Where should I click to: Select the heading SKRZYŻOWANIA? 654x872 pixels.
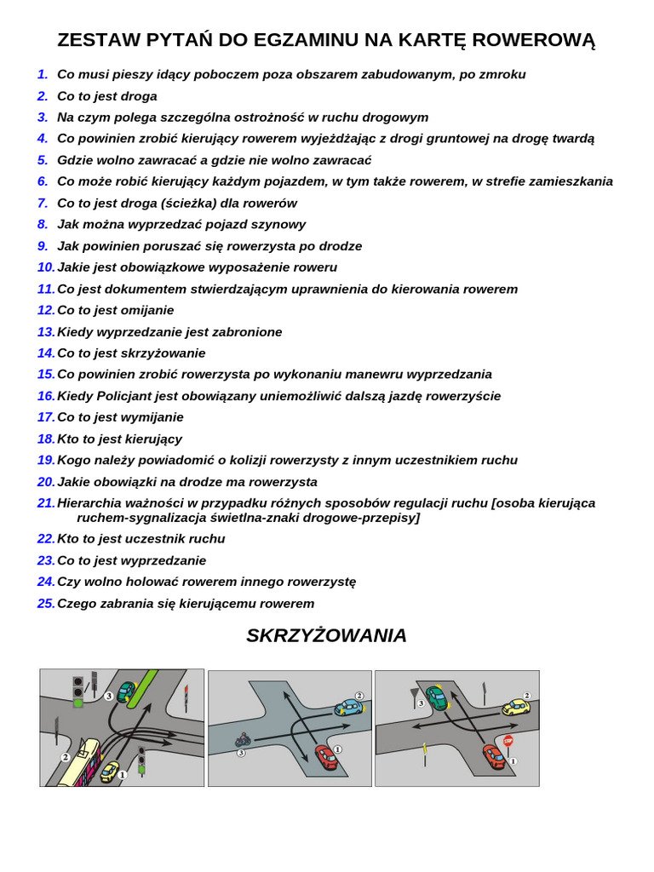click(326, 635)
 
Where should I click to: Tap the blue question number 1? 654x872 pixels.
click(43, 74)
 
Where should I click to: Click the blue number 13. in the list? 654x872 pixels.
click(46, 331)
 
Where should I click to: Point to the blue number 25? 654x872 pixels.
click(46, 603)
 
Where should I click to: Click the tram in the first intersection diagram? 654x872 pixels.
click(80, 762)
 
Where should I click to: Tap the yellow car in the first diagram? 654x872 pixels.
click(110, 772)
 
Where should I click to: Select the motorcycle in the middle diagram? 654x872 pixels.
click(243, 740)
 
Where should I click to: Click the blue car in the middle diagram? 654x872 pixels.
click(348, 707)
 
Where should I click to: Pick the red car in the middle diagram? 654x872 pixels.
click(325, 756)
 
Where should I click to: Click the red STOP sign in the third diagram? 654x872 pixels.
click(508, 741)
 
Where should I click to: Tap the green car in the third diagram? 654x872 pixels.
click(437, 697)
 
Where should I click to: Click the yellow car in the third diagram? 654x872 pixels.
click(515, 707)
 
